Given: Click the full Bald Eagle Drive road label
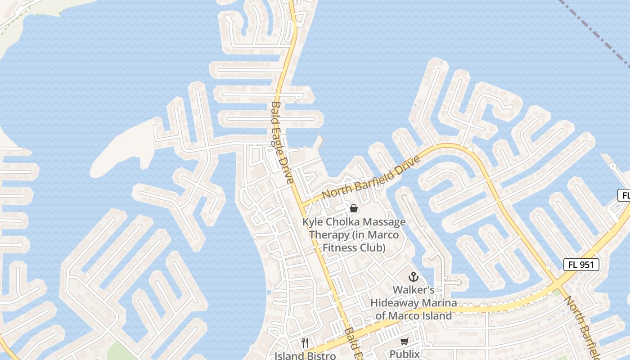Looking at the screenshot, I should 283,142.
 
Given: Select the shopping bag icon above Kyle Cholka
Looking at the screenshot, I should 354,208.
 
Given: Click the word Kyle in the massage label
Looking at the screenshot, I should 313,222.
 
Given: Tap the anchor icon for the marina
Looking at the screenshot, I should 413,277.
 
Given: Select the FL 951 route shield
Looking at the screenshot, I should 581,265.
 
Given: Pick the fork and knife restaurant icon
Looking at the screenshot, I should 305,343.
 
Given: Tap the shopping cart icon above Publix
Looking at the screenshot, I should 405,342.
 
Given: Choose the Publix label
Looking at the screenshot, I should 405,354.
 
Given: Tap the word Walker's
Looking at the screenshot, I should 414,290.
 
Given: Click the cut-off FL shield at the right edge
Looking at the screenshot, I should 624,195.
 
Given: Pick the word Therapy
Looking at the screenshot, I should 329,235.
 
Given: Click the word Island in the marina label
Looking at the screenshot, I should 433,316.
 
